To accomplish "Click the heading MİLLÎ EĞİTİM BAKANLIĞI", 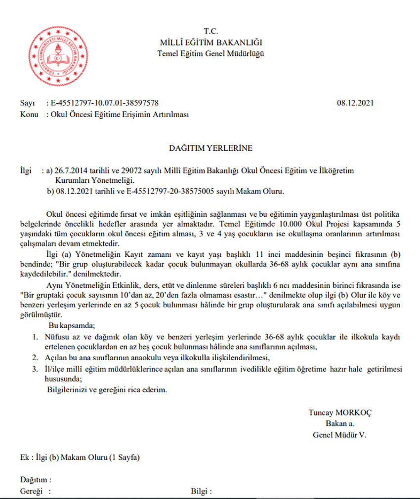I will pyautogui.click(x=211, y=42).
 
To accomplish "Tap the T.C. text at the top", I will pyautogui.click(x=210, y=31).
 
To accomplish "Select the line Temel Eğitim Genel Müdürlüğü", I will pyautogui.click(x=210, y=54).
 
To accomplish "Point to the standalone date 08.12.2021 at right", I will pyautogui.click(x=355, y=103).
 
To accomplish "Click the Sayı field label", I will pyautogui.click(x=27, y=103).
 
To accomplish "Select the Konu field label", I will pyautogui.click(x=28, y=114).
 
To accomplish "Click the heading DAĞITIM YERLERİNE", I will pyautogui.click(x=210, y=148).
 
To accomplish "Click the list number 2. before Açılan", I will pyautogui.click(x=35, y=357).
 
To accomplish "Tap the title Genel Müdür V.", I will pyautogui.click(x=339, y=435).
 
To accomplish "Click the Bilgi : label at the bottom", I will pyautogui.click(x=201, y=491).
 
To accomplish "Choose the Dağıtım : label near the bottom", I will pyautogui.click(x=36, y=480).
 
